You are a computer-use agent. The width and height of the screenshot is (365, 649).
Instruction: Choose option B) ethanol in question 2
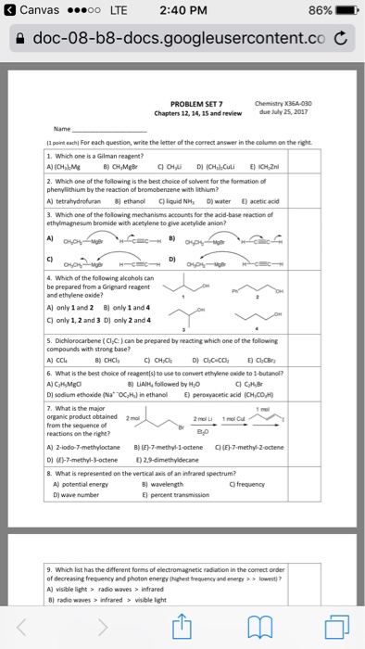[131, 197]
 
